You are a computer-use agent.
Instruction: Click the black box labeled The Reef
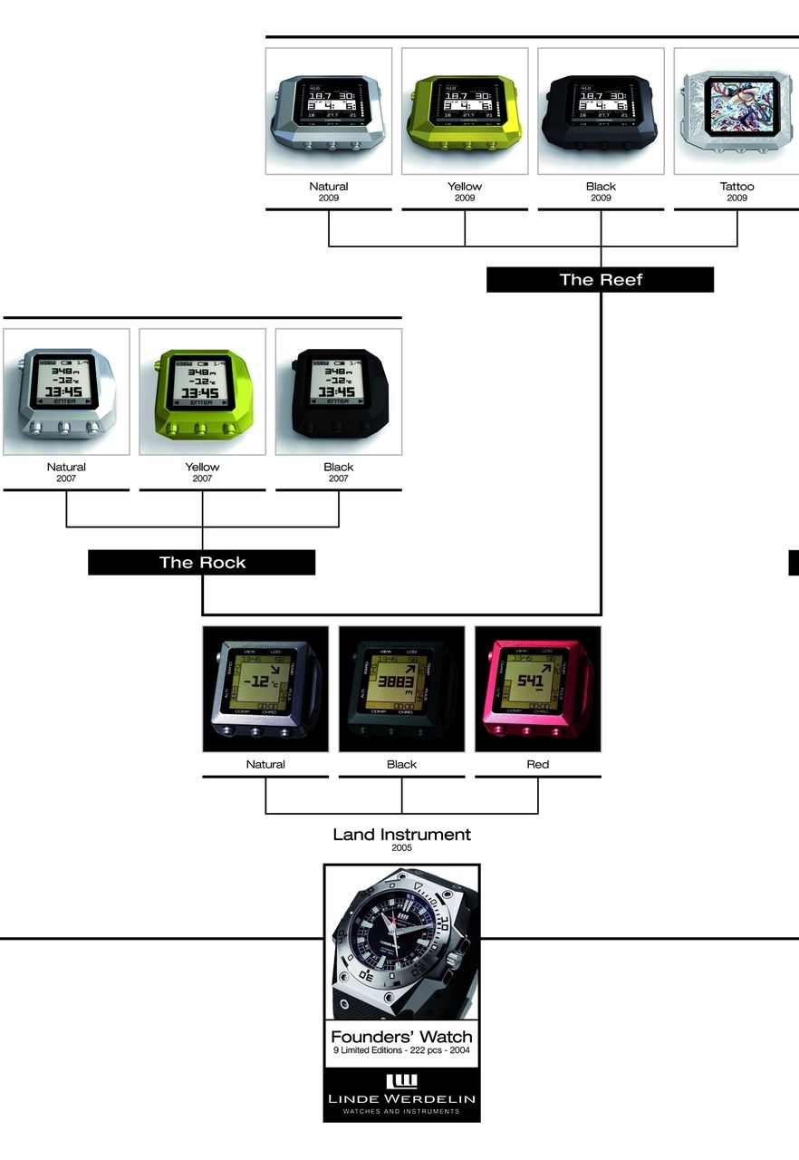pos(601,279)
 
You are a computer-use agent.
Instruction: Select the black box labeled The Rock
pos(202,562)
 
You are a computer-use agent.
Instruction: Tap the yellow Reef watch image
pos(465,111)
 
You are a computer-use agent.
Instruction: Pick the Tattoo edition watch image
pos(736,111)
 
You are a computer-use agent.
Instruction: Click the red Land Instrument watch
pos(537,689)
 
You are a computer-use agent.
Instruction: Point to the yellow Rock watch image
pos(202,391)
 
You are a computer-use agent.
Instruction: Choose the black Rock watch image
pos(338,391)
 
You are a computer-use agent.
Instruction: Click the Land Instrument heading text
pos(401,834)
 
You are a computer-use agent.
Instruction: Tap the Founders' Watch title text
pos(401,1037)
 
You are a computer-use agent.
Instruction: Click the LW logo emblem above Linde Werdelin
pos(401,1080)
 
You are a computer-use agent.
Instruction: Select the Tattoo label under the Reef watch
pos(736,187)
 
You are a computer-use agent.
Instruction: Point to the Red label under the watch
pos(537,764)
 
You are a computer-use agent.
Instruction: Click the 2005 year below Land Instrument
pos(401,848)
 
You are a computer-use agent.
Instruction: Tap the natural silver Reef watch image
pos(329,111)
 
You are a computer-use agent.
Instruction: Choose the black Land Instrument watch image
pos(401,689)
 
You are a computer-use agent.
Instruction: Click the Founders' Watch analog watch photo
pos(401,942)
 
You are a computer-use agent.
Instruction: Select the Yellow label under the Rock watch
pos(202,468)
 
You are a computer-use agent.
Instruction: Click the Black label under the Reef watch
pos(601,187)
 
